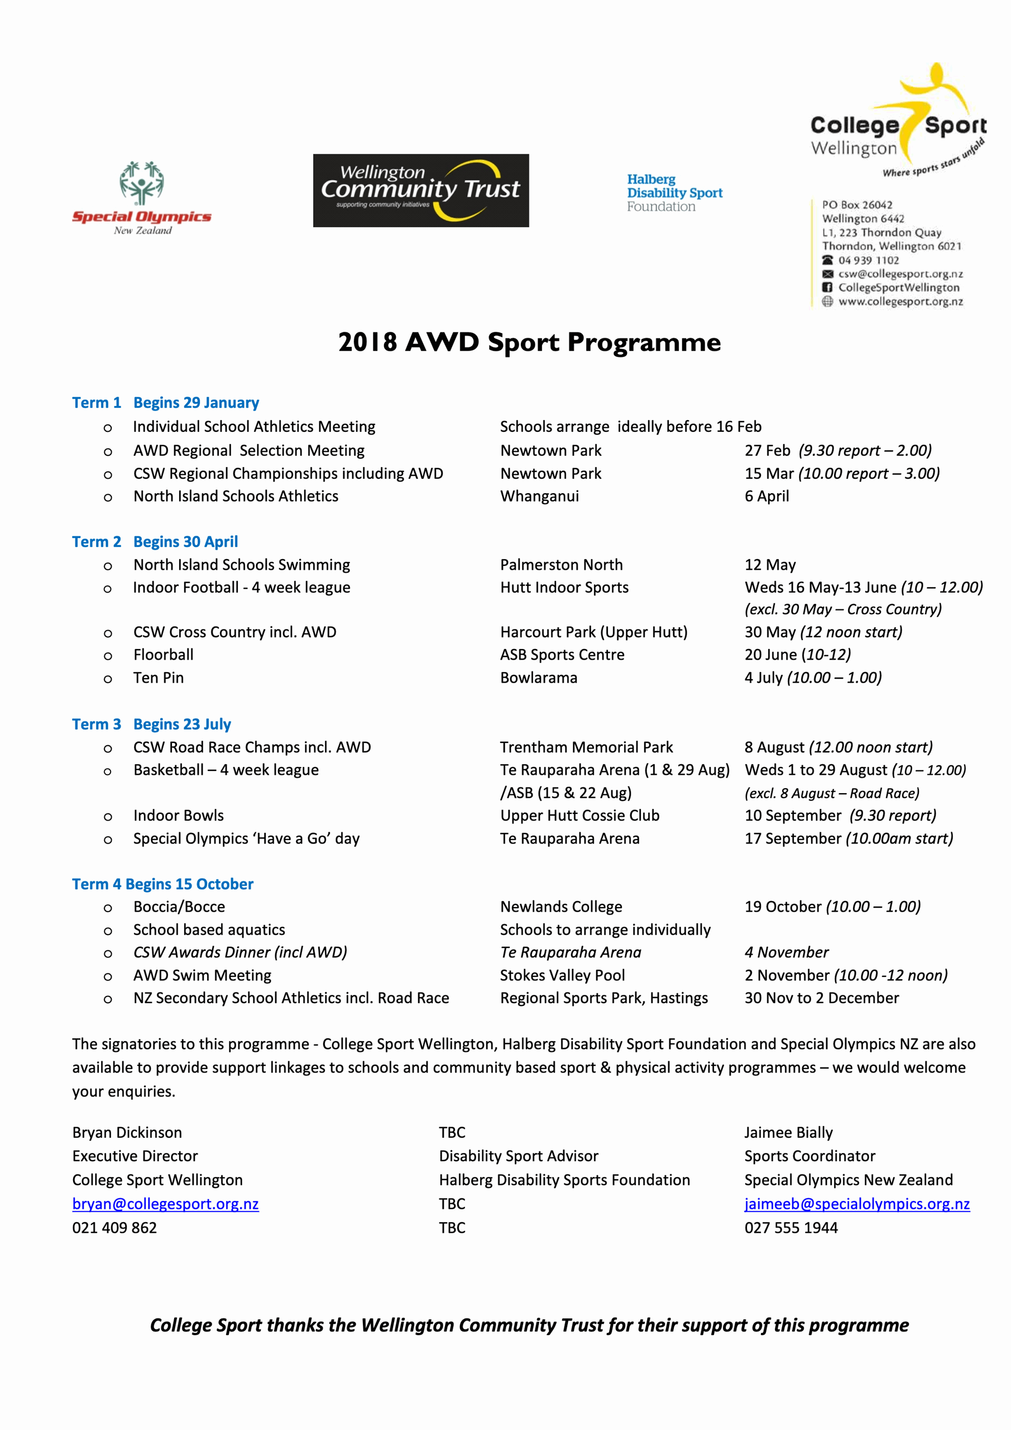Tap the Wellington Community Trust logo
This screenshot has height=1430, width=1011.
tap(421, 190)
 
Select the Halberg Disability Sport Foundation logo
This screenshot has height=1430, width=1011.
tap(674, 193)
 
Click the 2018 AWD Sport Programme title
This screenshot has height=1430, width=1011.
tap(529, 342)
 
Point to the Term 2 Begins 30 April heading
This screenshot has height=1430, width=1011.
tap(155, 542)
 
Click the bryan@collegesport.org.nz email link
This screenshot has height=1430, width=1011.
tap(166, 1204)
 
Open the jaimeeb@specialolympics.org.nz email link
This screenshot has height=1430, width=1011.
tap(856, 1204)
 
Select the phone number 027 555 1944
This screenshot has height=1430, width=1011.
tap(790, 1228)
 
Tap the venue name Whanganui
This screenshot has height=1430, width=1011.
tap(539, 497)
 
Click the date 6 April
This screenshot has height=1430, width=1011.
tap(766, 497)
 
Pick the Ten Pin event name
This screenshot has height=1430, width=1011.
tap(158, 678)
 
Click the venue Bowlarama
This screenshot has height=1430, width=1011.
tap(539, 678)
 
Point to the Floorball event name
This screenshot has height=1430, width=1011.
tap(163, 655)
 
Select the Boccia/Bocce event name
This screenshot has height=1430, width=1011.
tap(179, 907)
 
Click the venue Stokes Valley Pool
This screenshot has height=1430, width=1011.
tap(562, 975)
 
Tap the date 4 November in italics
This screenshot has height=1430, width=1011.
tap(786, 952)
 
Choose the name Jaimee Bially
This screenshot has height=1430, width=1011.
tap(788, 1132)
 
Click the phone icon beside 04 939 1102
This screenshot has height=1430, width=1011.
tap(827, 260)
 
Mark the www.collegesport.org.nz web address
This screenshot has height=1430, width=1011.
tap(900, 302)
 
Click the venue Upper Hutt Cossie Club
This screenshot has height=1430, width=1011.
tap(579, 816)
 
